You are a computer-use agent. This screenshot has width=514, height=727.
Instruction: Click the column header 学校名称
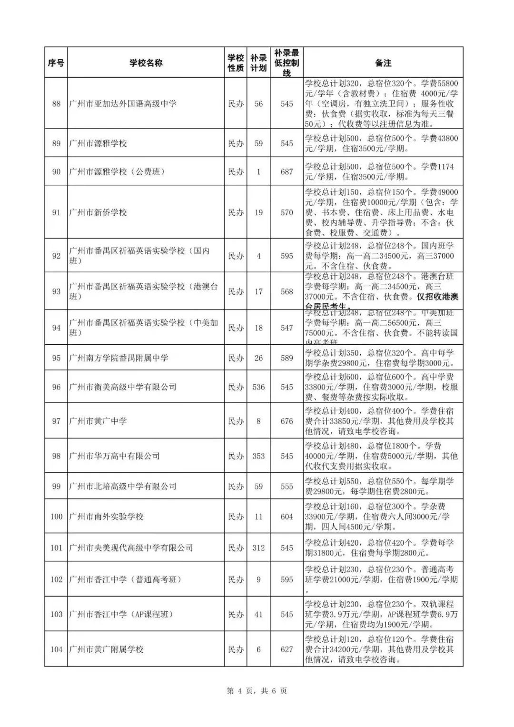(x=146, y=62)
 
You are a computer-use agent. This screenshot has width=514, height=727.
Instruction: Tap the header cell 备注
(x=383, y=62)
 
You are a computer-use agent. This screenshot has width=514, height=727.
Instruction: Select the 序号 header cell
(x=56, y=62)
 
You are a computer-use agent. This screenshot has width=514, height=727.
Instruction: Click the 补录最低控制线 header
(x=287, y=62)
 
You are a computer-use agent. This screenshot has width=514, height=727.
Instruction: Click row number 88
(x=56, y=103)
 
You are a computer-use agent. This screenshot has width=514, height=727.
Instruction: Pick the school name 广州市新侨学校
(x=98, y=212)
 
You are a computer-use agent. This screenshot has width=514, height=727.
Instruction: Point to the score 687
(x=287, y=171)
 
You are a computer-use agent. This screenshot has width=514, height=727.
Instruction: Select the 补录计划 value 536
(x=258, y=387)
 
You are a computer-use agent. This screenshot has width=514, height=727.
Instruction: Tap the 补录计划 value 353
(x=258, y=456)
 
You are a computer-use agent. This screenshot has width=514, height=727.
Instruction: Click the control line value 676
(x=287, y=421)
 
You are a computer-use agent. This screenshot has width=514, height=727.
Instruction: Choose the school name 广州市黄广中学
(x=98, y=421)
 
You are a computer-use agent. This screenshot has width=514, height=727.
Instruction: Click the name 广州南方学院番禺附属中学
(x=119, y=358)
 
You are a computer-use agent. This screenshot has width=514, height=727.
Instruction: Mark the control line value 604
(x=287, y=517)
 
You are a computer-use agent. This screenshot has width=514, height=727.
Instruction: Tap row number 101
(x=56, y=548)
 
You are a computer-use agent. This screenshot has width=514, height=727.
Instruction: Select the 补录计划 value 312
(x=258, y=548)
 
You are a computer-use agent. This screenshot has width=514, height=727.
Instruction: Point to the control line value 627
(x=287, y=649)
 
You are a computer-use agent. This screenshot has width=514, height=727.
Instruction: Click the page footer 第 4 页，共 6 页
(x=257, y=691)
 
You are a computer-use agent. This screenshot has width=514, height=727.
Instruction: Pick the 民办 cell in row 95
(x=236, y=358)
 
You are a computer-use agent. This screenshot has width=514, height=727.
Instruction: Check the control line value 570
(x=287, y=212)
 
